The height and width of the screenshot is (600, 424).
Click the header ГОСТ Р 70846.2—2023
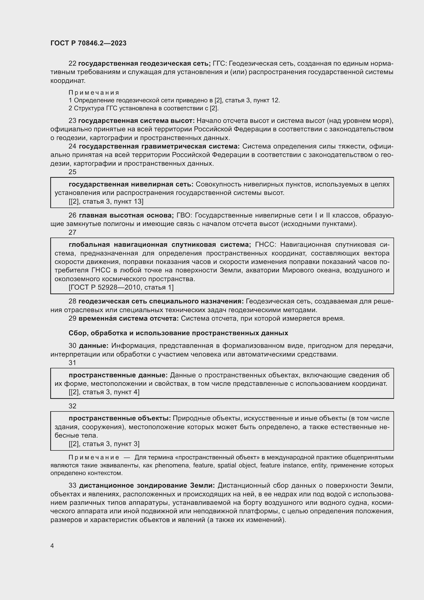[x=88, y=43]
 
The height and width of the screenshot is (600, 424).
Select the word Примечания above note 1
[x=94, y=93]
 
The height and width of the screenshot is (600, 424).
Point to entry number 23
[x=72, y=121]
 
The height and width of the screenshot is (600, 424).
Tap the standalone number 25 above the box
[x=72, y=172]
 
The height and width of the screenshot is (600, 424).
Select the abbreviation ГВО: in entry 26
[x=184, y=215]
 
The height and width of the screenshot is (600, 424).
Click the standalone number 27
[x=72, y=232]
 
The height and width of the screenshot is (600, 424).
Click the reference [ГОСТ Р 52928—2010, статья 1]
[x=121, y=288]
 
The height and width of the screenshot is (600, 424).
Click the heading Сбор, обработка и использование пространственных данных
[x=178, y=333]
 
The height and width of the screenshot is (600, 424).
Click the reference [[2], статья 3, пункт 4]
[x=104, y=392]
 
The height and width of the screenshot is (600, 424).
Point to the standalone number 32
[x=72, y=406]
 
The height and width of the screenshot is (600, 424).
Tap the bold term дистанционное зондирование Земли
[x=147, y=486]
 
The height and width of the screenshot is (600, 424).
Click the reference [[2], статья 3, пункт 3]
[x=104, y=444]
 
